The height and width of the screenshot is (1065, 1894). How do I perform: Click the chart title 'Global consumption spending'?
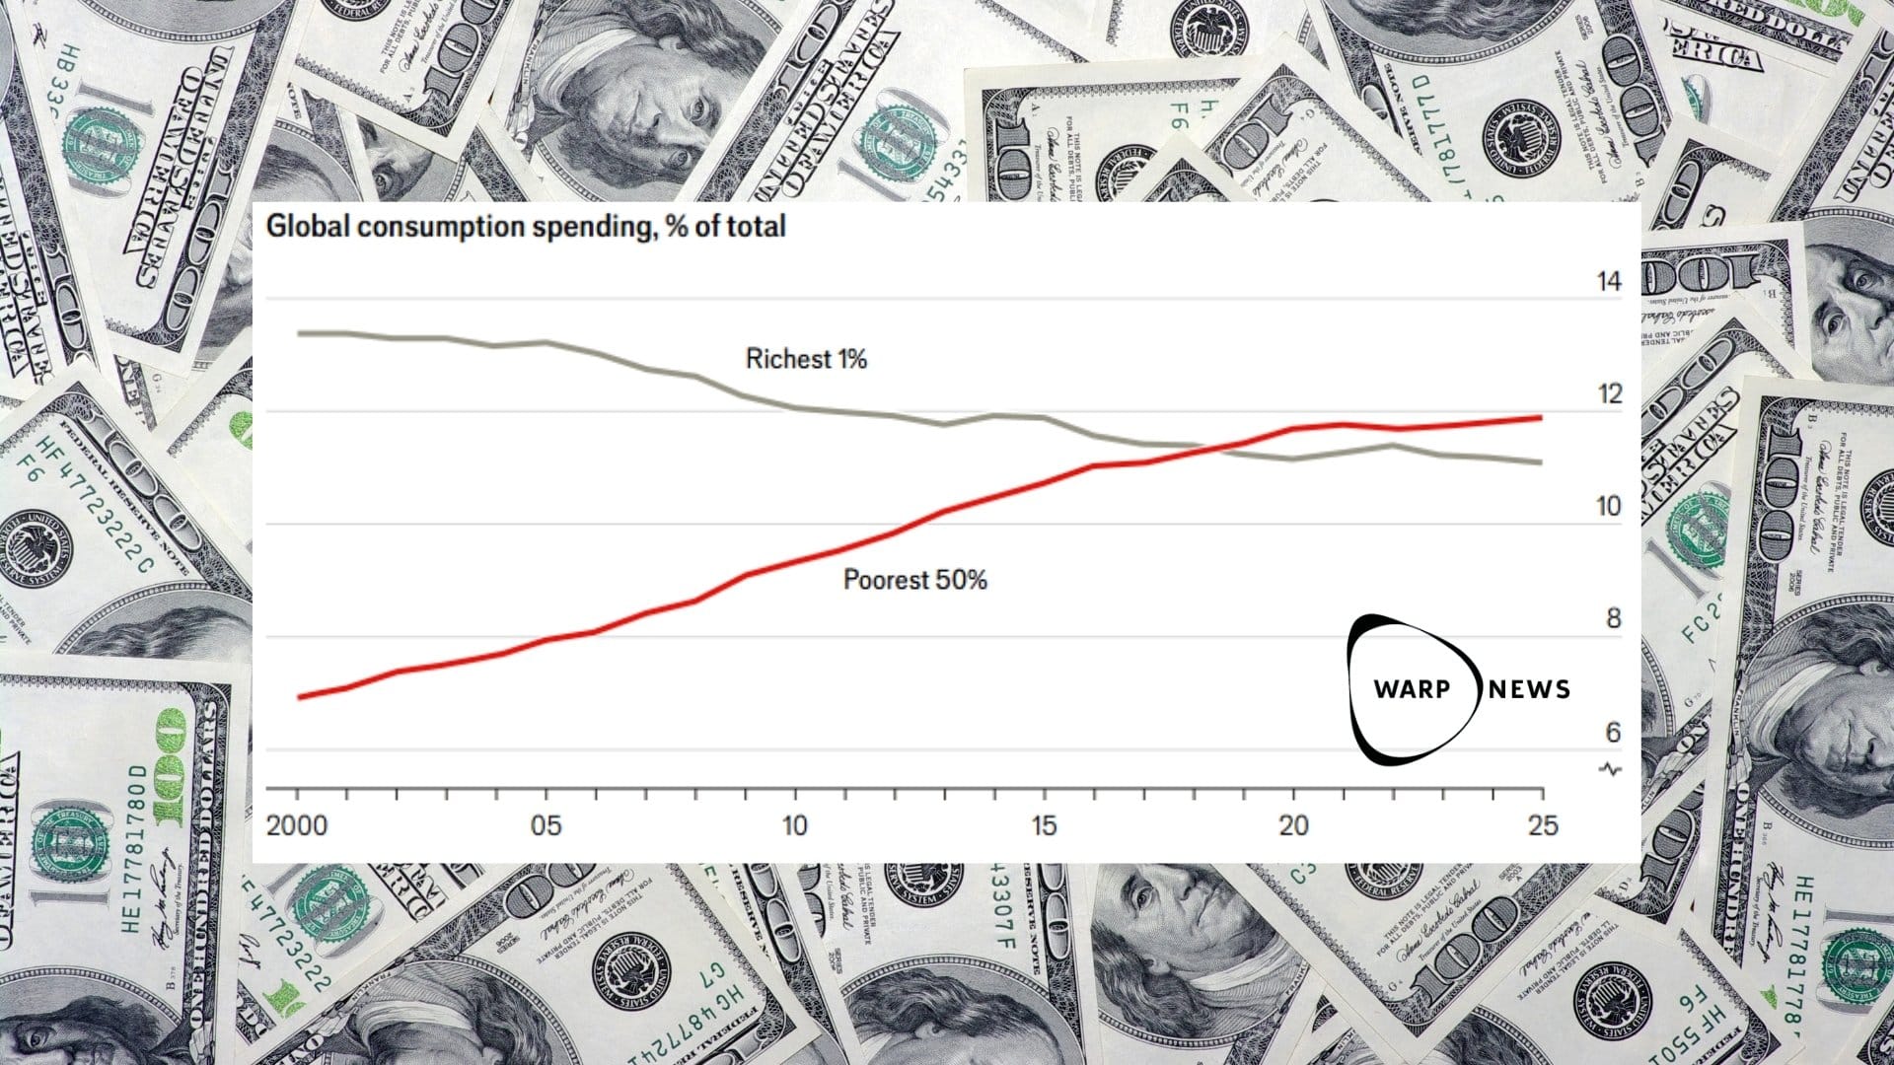click(x=526, y=227)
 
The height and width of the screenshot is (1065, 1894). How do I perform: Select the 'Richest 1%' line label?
click(x=805, y=359)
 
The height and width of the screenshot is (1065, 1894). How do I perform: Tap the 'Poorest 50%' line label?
click(x=914, y=580)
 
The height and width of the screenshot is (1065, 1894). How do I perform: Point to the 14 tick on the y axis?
click(x=1608, y=282)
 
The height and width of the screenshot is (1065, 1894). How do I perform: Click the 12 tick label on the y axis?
click(x=1608, y=394)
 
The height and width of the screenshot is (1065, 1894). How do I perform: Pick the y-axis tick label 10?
click(x=1608, y=507)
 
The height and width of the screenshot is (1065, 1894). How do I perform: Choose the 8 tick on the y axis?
click(x=1613, y=619)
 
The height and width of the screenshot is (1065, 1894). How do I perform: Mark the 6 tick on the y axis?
click(x=1613, y=732)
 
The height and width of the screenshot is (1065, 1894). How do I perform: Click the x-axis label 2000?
click(x=297, y=825)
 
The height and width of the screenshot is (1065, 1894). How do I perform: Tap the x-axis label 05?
click(x=546, y=825)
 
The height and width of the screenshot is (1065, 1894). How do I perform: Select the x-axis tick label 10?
click(x=795, y=825)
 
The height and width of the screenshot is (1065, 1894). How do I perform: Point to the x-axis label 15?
click(x=1044, y=825)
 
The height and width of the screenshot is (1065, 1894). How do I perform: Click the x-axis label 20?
click(x=1293, y=825)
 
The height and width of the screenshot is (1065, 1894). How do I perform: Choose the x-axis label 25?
click(x=1543, y=825)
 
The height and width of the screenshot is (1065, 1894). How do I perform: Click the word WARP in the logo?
click(x=1412, y=688)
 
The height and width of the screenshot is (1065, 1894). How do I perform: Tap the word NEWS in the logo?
click(x=1529, y=688)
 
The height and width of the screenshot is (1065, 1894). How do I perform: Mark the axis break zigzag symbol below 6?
click(x=1611, y=769)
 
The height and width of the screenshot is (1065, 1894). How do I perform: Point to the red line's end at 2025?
click(x=1541, y=418)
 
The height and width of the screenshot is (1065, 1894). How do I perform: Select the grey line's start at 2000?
click(x=299, y=333)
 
